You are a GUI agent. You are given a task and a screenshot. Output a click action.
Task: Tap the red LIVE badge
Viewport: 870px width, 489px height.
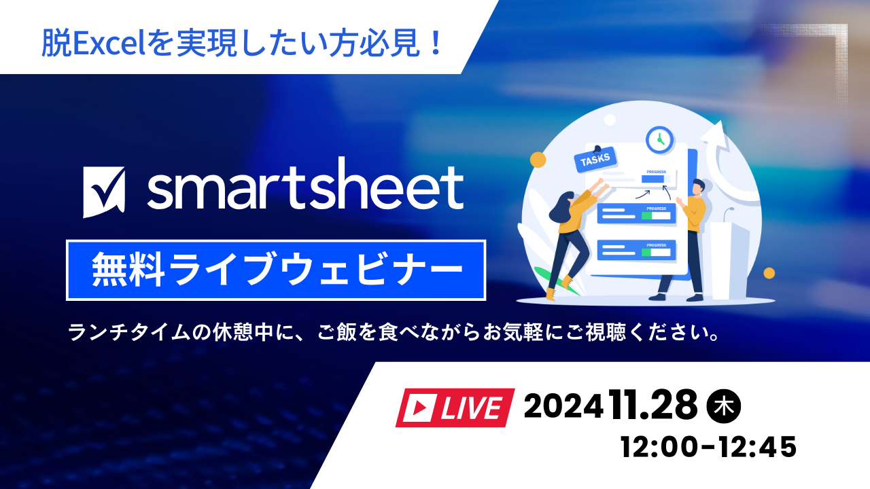[455, 407]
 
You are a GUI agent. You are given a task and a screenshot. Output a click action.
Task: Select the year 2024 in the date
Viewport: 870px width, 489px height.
[563, 407]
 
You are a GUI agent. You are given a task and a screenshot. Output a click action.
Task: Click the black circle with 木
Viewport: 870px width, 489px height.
[725, 407]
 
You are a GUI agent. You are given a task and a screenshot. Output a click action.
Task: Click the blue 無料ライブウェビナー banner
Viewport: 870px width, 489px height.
[275, 270]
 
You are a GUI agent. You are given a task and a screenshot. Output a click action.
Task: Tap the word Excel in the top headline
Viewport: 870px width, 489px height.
[101, 44]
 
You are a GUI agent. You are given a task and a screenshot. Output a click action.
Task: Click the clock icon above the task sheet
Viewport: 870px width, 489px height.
[659, 139]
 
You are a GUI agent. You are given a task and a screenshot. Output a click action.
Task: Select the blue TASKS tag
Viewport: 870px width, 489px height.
[596, 160]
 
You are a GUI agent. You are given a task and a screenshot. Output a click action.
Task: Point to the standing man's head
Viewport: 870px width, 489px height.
[698, 188]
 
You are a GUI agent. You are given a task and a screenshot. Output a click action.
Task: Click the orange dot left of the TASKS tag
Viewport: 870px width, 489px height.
[538, 160]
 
